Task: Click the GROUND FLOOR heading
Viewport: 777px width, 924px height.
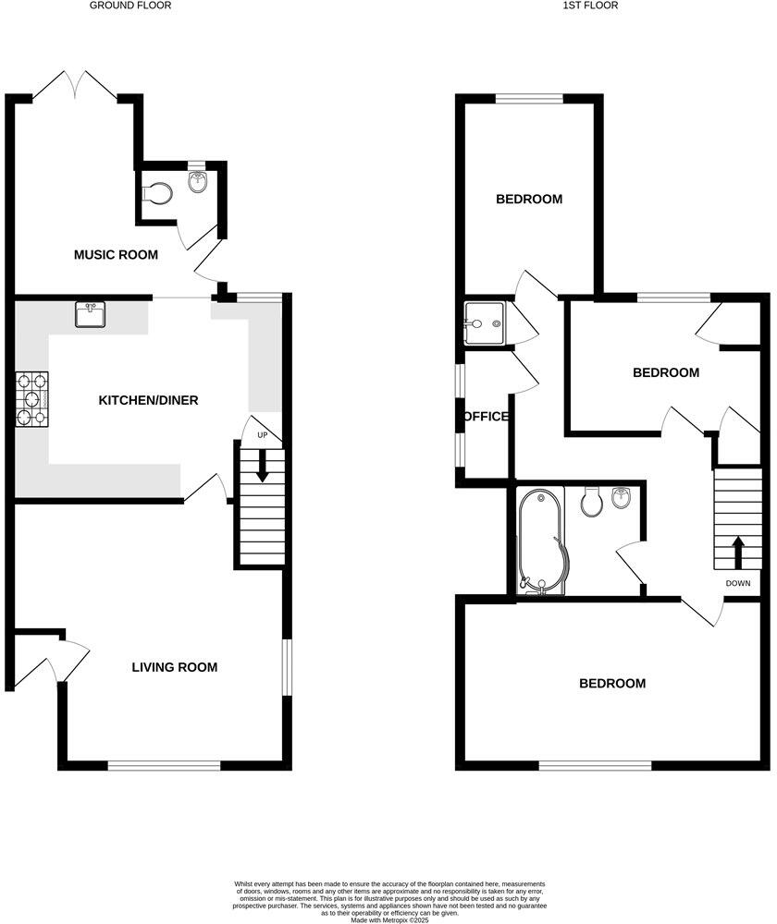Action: coord(130,6)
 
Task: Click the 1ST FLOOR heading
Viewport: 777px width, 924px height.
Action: coord(589,6)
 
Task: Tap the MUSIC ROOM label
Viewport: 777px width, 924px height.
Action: coord(116,255)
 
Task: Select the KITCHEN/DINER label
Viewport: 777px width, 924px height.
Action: coord(149,400)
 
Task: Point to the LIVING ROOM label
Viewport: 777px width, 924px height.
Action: coord(174,667)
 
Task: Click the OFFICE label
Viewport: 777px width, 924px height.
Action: coord(486,417)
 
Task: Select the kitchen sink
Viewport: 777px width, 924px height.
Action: coord(90,315)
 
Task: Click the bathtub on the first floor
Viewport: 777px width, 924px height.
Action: coord(537,541)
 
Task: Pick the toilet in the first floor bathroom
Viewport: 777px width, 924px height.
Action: coord(591,502)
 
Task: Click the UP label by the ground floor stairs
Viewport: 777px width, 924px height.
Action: coord(263,435)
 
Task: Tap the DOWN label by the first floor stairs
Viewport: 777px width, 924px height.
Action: coord(738,583)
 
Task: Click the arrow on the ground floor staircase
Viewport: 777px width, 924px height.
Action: coord(263,464)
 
